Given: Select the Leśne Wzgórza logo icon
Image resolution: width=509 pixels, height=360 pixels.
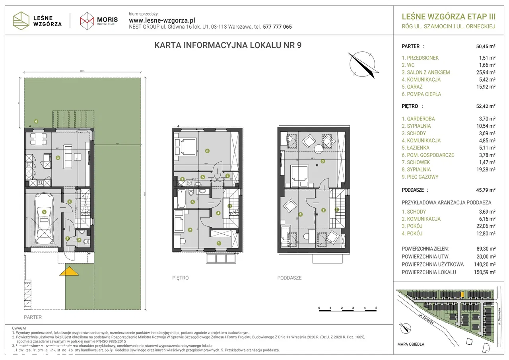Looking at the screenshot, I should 21,20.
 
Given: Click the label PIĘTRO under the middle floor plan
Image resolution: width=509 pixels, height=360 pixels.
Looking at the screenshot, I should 181,278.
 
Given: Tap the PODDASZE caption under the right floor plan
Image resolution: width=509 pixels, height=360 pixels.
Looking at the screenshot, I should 289,278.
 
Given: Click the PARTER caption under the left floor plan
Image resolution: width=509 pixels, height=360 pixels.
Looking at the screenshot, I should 33,317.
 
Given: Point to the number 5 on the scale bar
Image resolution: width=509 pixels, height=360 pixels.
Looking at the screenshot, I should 376,308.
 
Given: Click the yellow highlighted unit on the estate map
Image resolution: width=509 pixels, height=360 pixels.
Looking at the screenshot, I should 462,294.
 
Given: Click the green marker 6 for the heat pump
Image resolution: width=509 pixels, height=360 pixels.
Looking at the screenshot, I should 36,121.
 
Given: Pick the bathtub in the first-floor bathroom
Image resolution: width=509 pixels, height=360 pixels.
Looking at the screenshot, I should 181,199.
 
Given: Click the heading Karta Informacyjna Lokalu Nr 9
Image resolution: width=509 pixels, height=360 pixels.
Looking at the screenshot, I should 227,45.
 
